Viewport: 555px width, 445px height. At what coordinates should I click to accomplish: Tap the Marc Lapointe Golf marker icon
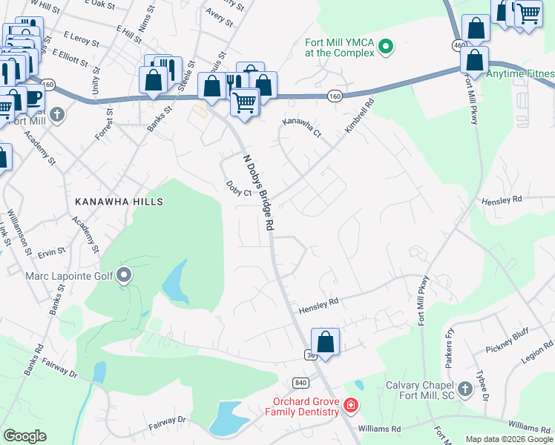(125, 277)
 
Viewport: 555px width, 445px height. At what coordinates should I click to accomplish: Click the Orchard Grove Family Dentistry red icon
(350, 406)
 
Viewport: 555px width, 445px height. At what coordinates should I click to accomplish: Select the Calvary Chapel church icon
(464, 389)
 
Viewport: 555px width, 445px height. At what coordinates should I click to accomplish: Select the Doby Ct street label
(240, 191)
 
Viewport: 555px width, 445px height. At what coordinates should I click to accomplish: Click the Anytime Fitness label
(520, 74)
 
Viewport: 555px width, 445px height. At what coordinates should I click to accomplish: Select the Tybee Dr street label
(483, 386)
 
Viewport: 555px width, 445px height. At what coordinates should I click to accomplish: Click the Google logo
(24, 436)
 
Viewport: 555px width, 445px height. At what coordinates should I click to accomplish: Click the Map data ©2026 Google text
(508, 439)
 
